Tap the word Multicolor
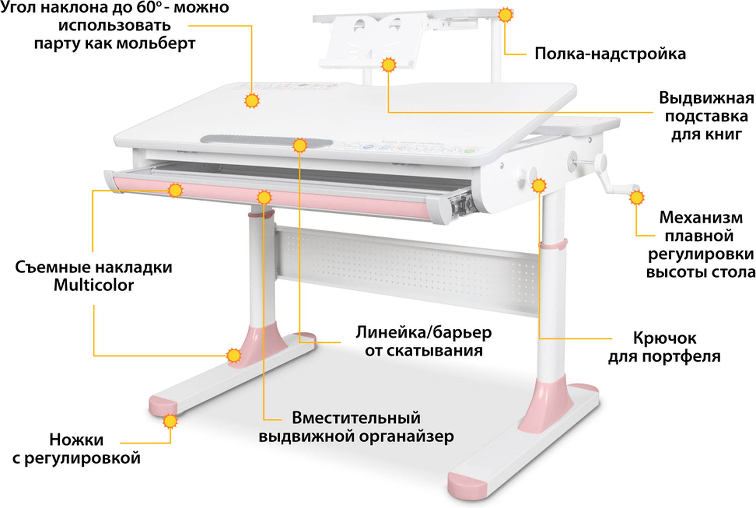click(x=94, y=285)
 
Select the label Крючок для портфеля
click(x=664, y=347)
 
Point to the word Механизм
click(x=701, y=217)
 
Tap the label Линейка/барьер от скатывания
click(x=424, y=341)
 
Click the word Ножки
click(x=77, y=440)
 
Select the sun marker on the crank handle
click(x=636, y=197)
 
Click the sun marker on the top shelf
click(x=505, y=15)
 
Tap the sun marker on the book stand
click(x=388, y=65)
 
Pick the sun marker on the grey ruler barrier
click(x=299, y=146)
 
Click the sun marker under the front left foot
click(x=170, y=421)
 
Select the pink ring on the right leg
click(x=553, y=244)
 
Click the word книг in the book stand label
click(x=723, y=134)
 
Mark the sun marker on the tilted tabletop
click(x=252, y=101)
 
